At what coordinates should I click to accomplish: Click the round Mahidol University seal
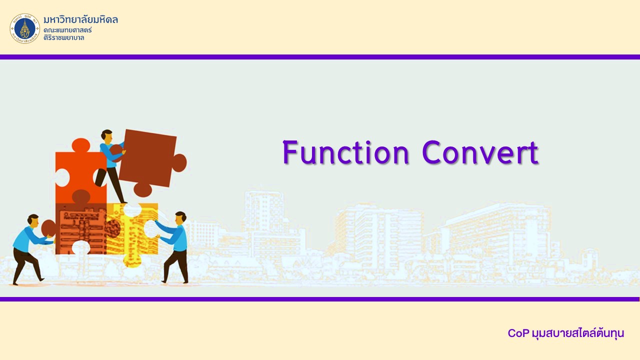25,28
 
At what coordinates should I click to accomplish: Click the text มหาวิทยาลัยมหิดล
81,19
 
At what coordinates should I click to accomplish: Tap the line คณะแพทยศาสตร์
67,29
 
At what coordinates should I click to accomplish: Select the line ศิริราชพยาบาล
64,37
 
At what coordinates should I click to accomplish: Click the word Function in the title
345,152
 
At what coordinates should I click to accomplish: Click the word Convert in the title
480,152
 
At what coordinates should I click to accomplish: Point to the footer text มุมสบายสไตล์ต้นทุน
578,333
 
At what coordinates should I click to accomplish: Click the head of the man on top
107,135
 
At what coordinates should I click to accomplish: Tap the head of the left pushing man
33,220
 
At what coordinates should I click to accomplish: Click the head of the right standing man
180,218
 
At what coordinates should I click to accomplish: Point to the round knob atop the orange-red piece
81,145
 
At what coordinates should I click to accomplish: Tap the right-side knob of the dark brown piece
179,163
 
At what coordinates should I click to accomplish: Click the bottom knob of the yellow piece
132,260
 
